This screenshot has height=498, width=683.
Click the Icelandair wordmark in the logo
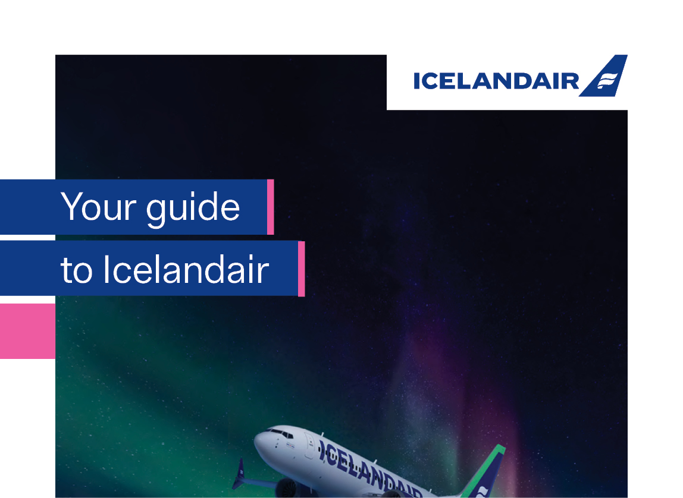[496, 81]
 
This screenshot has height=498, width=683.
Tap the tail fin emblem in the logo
[604, 76]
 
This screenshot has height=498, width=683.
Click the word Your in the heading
[98, 206]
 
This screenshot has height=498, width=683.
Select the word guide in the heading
[193, 209]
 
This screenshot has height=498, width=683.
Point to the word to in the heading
[77, 270]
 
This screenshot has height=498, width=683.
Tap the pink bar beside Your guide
[271, 207]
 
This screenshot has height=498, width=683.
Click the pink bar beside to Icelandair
[302, 269]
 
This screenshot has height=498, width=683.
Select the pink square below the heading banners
[27, 331]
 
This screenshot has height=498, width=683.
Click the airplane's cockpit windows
[280, 433]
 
